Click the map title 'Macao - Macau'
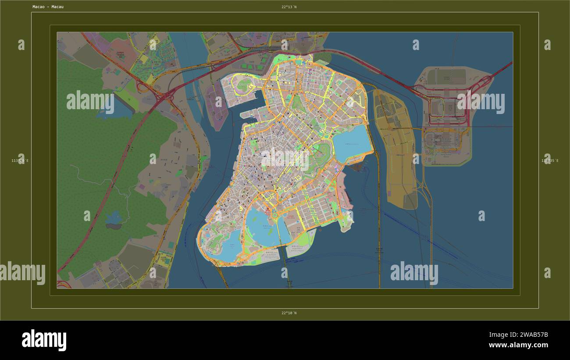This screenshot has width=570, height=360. click(48, 7)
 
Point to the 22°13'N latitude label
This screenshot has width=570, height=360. click(289, 7)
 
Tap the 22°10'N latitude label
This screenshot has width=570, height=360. click(289, 313)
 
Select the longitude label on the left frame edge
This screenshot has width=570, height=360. click(20, 161)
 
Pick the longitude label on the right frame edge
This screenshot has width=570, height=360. click(550, 161)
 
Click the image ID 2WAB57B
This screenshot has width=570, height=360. click(532, 335)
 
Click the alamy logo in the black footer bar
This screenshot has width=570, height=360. click(44, 340)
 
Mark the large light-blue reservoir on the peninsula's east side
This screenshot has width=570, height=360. click(352, 144)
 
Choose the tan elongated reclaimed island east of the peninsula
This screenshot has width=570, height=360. click(395, 145)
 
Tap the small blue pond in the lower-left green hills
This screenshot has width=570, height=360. click(114, 218)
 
